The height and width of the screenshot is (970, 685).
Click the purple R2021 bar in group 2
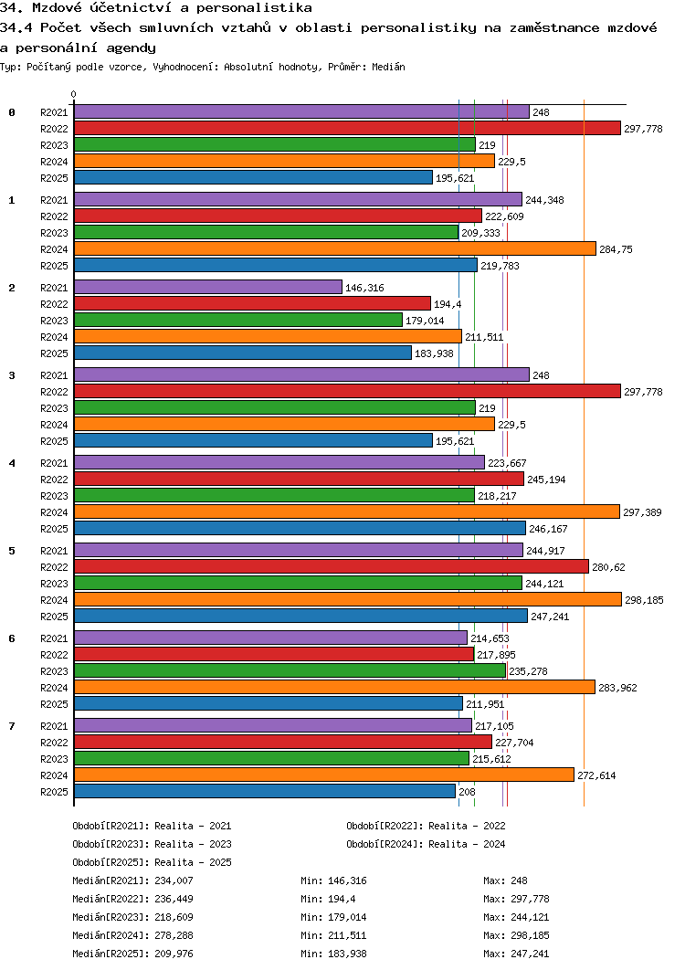pyautogui.click(x=207, y=287)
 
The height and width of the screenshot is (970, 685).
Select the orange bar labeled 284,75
pyautogui.click(x=334, y=248)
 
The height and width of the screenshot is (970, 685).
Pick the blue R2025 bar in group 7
pyautogui.click(x=264, y=791)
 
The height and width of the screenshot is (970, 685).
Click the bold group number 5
pyautogui.click(x=12, y=551)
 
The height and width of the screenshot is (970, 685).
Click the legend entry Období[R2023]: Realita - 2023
pyautogui.click(x=152, y=844)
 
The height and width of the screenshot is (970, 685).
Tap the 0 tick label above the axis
pyautogui.click(x=74, y=94)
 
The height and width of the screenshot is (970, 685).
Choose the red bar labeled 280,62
pyautogui.click(x=331, y=566)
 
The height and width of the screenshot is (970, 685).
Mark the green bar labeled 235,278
pyautogui.click(x=290, y=670)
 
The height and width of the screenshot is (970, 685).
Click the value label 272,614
pyautogui.click(x=596, y=775)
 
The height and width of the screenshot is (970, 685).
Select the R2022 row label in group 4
pyautogui.click(x=55, y=480)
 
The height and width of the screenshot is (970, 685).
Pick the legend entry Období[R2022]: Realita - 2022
pyautogui.click(x=426, y=826)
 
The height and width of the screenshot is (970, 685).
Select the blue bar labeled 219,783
pyautogui.click(x=275, y=265)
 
